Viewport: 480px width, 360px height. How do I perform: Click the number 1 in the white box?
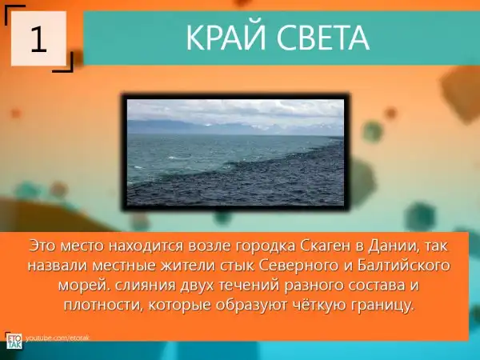(38, 40)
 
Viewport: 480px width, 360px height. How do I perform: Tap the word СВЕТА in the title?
(323, 38)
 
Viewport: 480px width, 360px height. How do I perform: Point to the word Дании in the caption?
(393, 246)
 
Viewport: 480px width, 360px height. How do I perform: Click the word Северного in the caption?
(298, 266)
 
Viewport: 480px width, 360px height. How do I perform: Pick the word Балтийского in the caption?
(404, 266)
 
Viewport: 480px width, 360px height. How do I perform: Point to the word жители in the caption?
(188, 266)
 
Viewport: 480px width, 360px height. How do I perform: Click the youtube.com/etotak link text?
(58, 338)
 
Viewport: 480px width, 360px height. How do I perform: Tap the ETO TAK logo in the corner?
(14, 341)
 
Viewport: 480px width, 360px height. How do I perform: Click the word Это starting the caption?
(42, 246)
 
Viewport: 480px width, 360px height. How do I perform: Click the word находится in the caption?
(146, 246)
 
